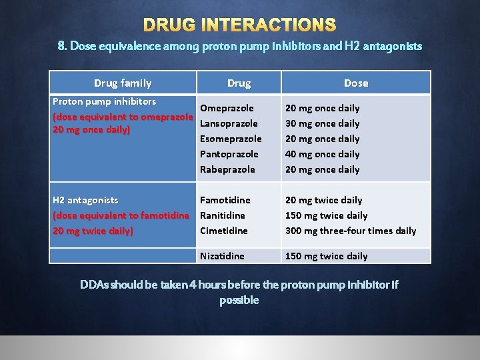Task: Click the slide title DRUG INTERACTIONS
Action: tap(240, 25)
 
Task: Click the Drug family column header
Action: tap(123, 83)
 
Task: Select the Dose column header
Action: tap(355, 83)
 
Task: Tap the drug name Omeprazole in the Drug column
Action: tap(227, 108)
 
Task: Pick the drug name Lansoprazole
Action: tap(229, 123)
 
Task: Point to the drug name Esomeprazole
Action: tap(231, 139)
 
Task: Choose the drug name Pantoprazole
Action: tap(229, 154)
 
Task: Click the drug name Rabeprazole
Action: tap(227, 169)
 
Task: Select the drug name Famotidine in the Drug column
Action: tap(225, 200)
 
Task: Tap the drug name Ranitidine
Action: tap(223, 215)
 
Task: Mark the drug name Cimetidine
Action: tap(224, 231)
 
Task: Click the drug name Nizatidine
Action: tap(222, 256)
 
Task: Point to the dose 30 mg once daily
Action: tap(322, 123)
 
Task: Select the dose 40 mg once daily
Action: tap(322, 154)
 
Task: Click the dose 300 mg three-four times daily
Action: tap(351, 231)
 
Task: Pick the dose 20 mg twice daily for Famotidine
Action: tap(323, 200)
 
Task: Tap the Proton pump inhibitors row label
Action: tap(104, 102)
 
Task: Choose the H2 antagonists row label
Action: tap(85, 200)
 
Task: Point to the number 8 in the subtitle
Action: tap(61, 46)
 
